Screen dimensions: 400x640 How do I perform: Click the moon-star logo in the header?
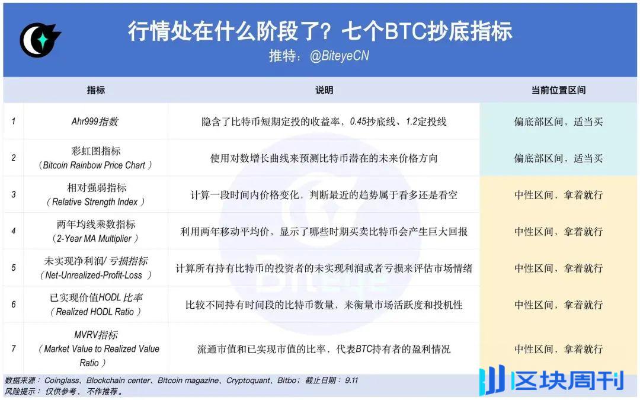pos(39,40)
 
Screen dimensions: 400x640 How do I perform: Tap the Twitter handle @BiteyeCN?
pos(340,56)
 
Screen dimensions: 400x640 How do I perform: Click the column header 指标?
pos(95,90)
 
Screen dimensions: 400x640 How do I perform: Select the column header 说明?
pos(324,90)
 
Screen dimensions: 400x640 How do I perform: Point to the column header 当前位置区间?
pos(558,90)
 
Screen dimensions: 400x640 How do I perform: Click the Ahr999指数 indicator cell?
pos(95,121)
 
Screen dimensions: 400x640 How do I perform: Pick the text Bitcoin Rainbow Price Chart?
pos(95,165)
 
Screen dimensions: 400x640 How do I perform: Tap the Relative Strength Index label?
pos(95,202)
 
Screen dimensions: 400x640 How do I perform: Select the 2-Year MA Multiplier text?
pos(95,239)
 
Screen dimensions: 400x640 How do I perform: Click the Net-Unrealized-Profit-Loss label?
pos(95,276)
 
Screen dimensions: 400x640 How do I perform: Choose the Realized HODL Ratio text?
pos(95,312)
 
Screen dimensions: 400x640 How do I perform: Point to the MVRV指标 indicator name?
pos(95,335)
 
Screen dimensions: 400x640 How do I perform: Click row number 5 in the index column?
pos(14,268)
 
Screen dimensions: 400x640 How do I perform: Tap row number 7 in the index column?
pos(14,348)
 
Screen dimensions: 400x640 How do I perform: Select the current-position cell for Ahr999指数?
pos(558,122)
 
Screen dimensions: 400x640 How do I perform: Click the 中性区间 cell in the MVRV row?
pos(558,349)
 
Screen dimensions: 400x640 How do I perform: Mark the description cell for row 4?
pos(324,232)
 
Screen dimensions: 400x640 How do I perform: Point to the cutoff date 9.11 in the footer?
pos(351,380)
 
